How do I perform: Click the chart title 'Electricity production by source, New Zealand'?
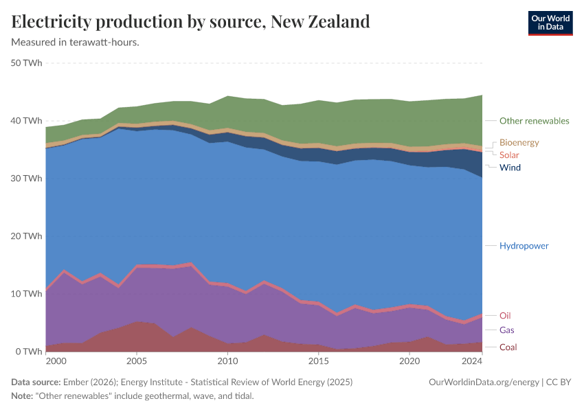pos(191,21)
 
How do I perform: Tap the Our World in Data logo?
pos(550,23)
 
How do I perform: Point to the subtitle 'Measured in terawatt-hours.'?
pos(76,43)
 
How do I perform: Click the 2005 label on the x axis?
pos(137,360)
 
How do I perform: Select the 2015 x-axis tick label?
pos(318,360)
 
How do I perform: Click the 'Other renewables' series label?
pos(534,121)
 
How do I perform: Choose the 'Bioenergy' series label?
pos(519,143)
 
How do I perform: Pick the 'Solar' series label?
pos(509,155)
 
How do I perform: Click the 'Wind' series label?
pos(510,168)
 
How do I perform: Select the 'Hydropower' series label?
pos(524,246)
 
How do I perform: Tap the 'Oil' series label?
pos(505,316)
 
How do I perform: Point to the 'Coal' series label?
pos(508,347)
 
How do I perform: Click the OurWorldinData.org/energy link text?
pos(483,382)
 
